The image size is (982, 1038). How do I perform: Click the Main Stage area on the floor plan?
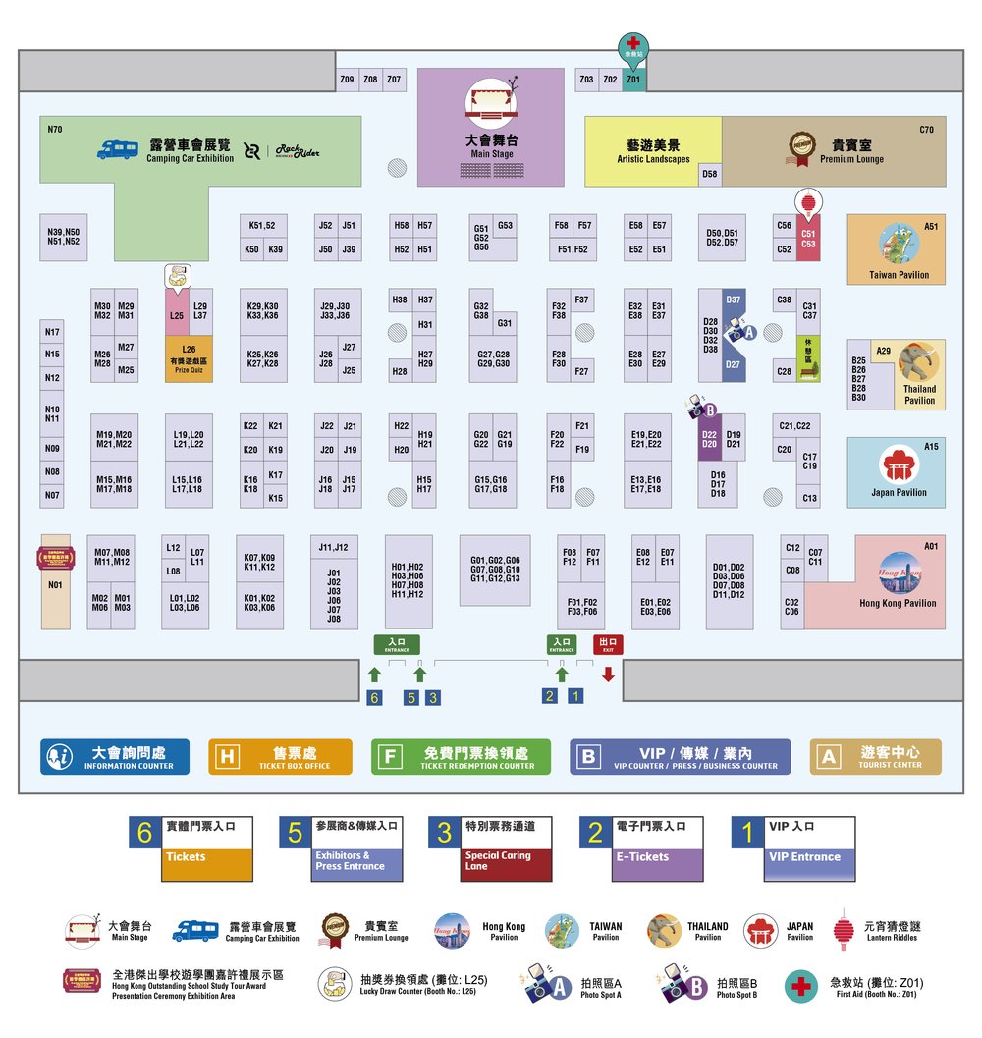point(490,128)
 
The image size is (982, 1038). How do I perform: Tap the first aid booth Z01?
point(633,79)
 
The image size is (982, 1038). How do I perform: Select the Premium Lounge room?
point(834,151)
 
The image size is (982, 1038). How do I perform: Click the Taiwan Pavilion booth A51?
point(897,249)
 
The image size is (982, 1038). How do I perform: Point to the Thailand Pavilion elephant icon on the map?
point(918,362)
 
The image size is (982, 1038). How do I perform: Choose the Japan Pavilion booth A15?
point(896,472)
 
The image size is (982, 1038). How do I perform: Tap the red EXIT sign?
point(608,645)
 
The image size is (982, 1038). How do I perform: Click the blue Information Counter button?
point(115,757)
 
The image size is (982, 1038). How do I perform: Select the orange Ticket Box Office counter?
point(280,757)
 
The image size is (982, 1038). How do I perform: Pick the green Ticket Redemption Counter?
point(461,757)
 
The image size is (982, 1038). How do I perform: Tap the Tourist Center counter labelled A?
point(875,757)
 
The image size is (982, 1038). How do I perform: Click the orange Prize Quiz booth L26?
point(189,359)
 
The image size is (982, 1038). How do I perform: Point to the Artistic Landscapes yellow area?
point(653,151)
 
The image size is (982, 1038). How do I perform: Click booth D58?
point(710,175)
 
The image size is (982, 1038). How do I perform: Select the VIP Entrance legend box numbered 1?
point(792,848)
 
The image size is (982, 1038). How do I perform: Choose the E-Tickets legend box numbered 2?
point(641,848)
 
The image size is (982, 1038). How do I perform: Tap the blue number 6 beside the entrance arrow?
point(373,698)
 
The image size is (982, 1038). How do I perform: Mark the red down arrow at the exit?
point(608,674)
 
